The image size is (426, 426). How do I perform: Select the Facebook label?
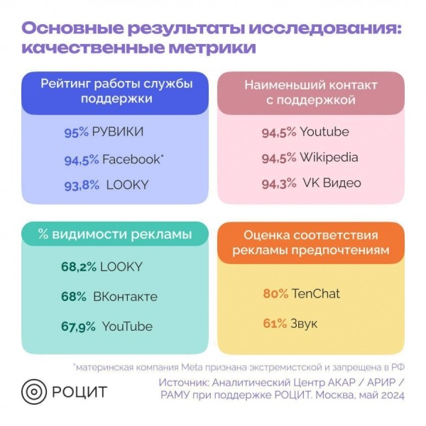[x=131, y=159]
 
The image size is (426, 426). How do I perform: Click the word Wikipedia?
[x=329, y=158]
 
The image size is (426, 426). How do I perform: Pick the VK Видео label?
[x=330, y=183]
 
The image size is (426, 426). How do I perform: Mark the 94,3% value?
[x=280, y=184]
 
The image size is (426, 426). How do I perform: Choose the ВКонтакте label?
[x=125, y=296]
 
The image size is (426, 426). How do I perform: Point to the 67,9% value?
[x=78, y=327]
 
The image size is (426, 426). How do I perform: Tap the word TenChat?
[x=316, y=293]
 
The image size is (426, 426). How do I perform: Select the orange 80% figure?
[x=275, y=293]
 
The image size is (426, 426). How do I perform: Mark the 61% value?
[x=275, y=324]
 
